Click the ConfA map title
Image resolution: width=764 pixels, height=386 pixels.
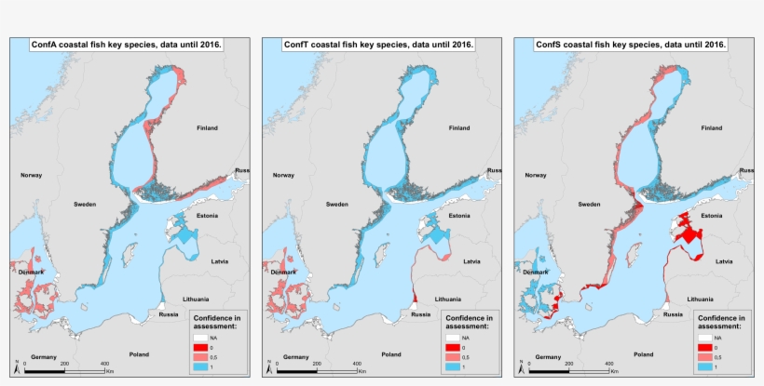[128, 44]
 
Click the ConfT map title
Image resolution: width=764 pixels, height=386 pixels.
[380, 44]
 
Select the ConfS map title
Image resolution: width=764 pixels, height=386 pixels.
[631, 44]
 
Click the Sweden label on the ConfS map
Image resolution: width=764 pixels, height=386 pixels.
[589, 204]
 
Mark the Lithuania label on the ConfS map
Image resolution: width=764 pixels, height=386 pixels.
[701, 299]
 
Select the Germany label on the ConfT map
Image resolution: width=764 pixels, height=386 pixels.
[295, 357]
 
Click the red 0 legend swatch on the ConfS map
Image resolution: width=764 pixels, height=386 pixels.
[704, 347]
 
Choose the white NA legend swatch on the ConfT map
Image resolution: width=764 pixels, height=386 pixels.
[453, 338]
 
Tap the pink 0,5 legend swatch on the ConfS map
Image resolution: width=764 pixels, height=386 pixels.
[704, 357]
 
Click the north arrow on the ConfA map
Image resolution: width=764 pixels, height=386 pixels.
[16, 365]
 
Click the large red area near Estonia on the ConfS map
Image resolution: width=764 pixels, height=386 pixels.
[689, 232]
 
